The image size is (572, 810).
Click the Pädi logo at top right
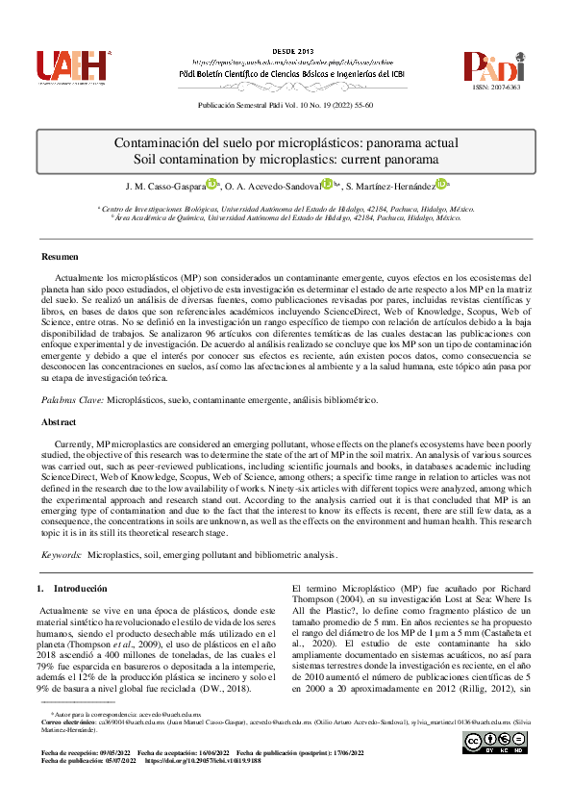coord(495,65)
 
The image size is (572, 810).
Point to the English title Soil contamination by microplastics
coord(286,160)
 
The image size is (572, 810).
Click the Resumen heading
coord(61,257)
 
